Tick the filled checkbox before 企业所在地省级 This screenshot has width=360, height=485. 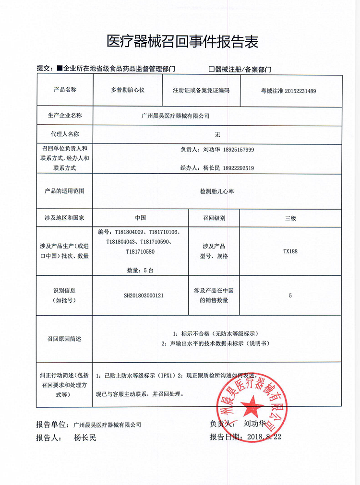point(60,69)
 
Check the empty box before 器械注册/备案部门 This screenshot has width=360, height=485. point(211,69)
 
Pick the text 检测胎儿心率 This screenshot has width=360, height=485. point(217,191)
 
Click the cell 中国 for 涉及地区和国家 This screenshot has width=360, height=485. point(140,218)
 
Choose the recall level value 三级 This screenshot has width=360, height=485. point(290,218)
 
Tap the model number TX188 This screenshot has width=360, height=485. point(290,251)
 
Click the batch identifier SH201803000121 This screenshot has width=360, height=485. point(144,296)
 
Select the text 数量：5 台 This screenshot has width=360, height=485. point(140,270)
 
